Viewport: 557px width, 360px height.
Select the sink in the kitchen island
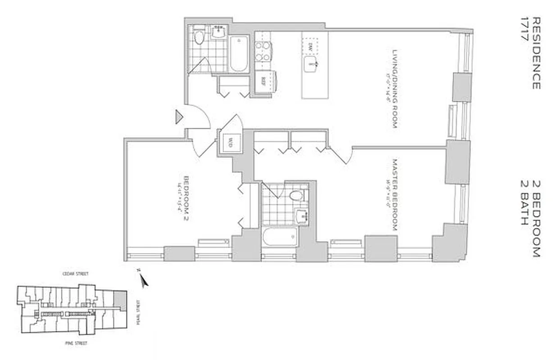tap(312, 64)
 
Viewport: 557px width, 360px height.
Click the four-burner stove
tap(263, 51)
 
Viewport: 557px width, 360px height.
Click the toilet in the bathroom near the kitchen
tap(199, 37)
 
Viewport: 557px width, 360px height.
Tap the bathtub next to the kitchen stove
tap(239, 54)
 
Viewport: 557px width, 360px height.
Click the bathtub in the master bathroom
tap(280, 237)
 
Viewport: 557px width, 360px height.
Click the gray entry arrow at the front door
tap(179, 117)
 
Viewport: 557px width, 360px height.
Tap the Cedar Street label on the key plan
tap(76, 274)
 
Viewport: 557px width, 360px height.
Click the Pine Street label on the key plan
tap(75, 343)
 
